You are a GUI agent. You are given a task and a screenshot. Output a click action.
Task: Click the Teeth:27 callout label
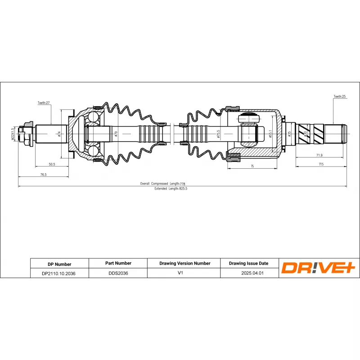43,103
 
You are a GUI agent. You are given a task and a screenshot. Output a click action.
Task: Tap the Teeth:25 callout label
339,96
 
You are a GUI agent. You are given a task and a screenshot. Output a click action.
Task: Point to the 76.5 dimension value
43,175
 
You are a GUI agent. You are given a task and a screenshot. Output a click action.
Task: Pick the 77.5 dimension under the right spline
321,164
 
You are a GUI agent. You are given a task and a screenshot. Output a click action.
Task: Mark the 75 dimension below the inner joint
252,166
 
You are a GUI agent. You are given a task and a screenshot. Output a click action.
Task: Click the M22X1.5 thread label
13,134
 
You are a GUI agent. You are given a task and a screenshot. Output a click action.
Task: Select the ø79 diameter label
116,134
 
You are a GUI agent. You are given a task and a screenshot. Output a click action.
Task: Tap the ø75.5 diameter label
218,134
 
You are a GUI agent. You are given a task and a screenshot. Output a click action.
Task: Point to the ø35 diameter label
289,134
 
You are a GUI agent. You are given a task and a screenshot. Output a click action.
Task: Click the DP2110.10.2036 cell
59,273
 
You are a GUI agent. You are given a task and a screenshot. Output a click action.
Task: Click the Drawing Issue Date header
249,263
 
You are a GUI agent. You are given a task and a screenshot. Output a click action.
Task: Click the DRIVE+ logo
319,268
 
